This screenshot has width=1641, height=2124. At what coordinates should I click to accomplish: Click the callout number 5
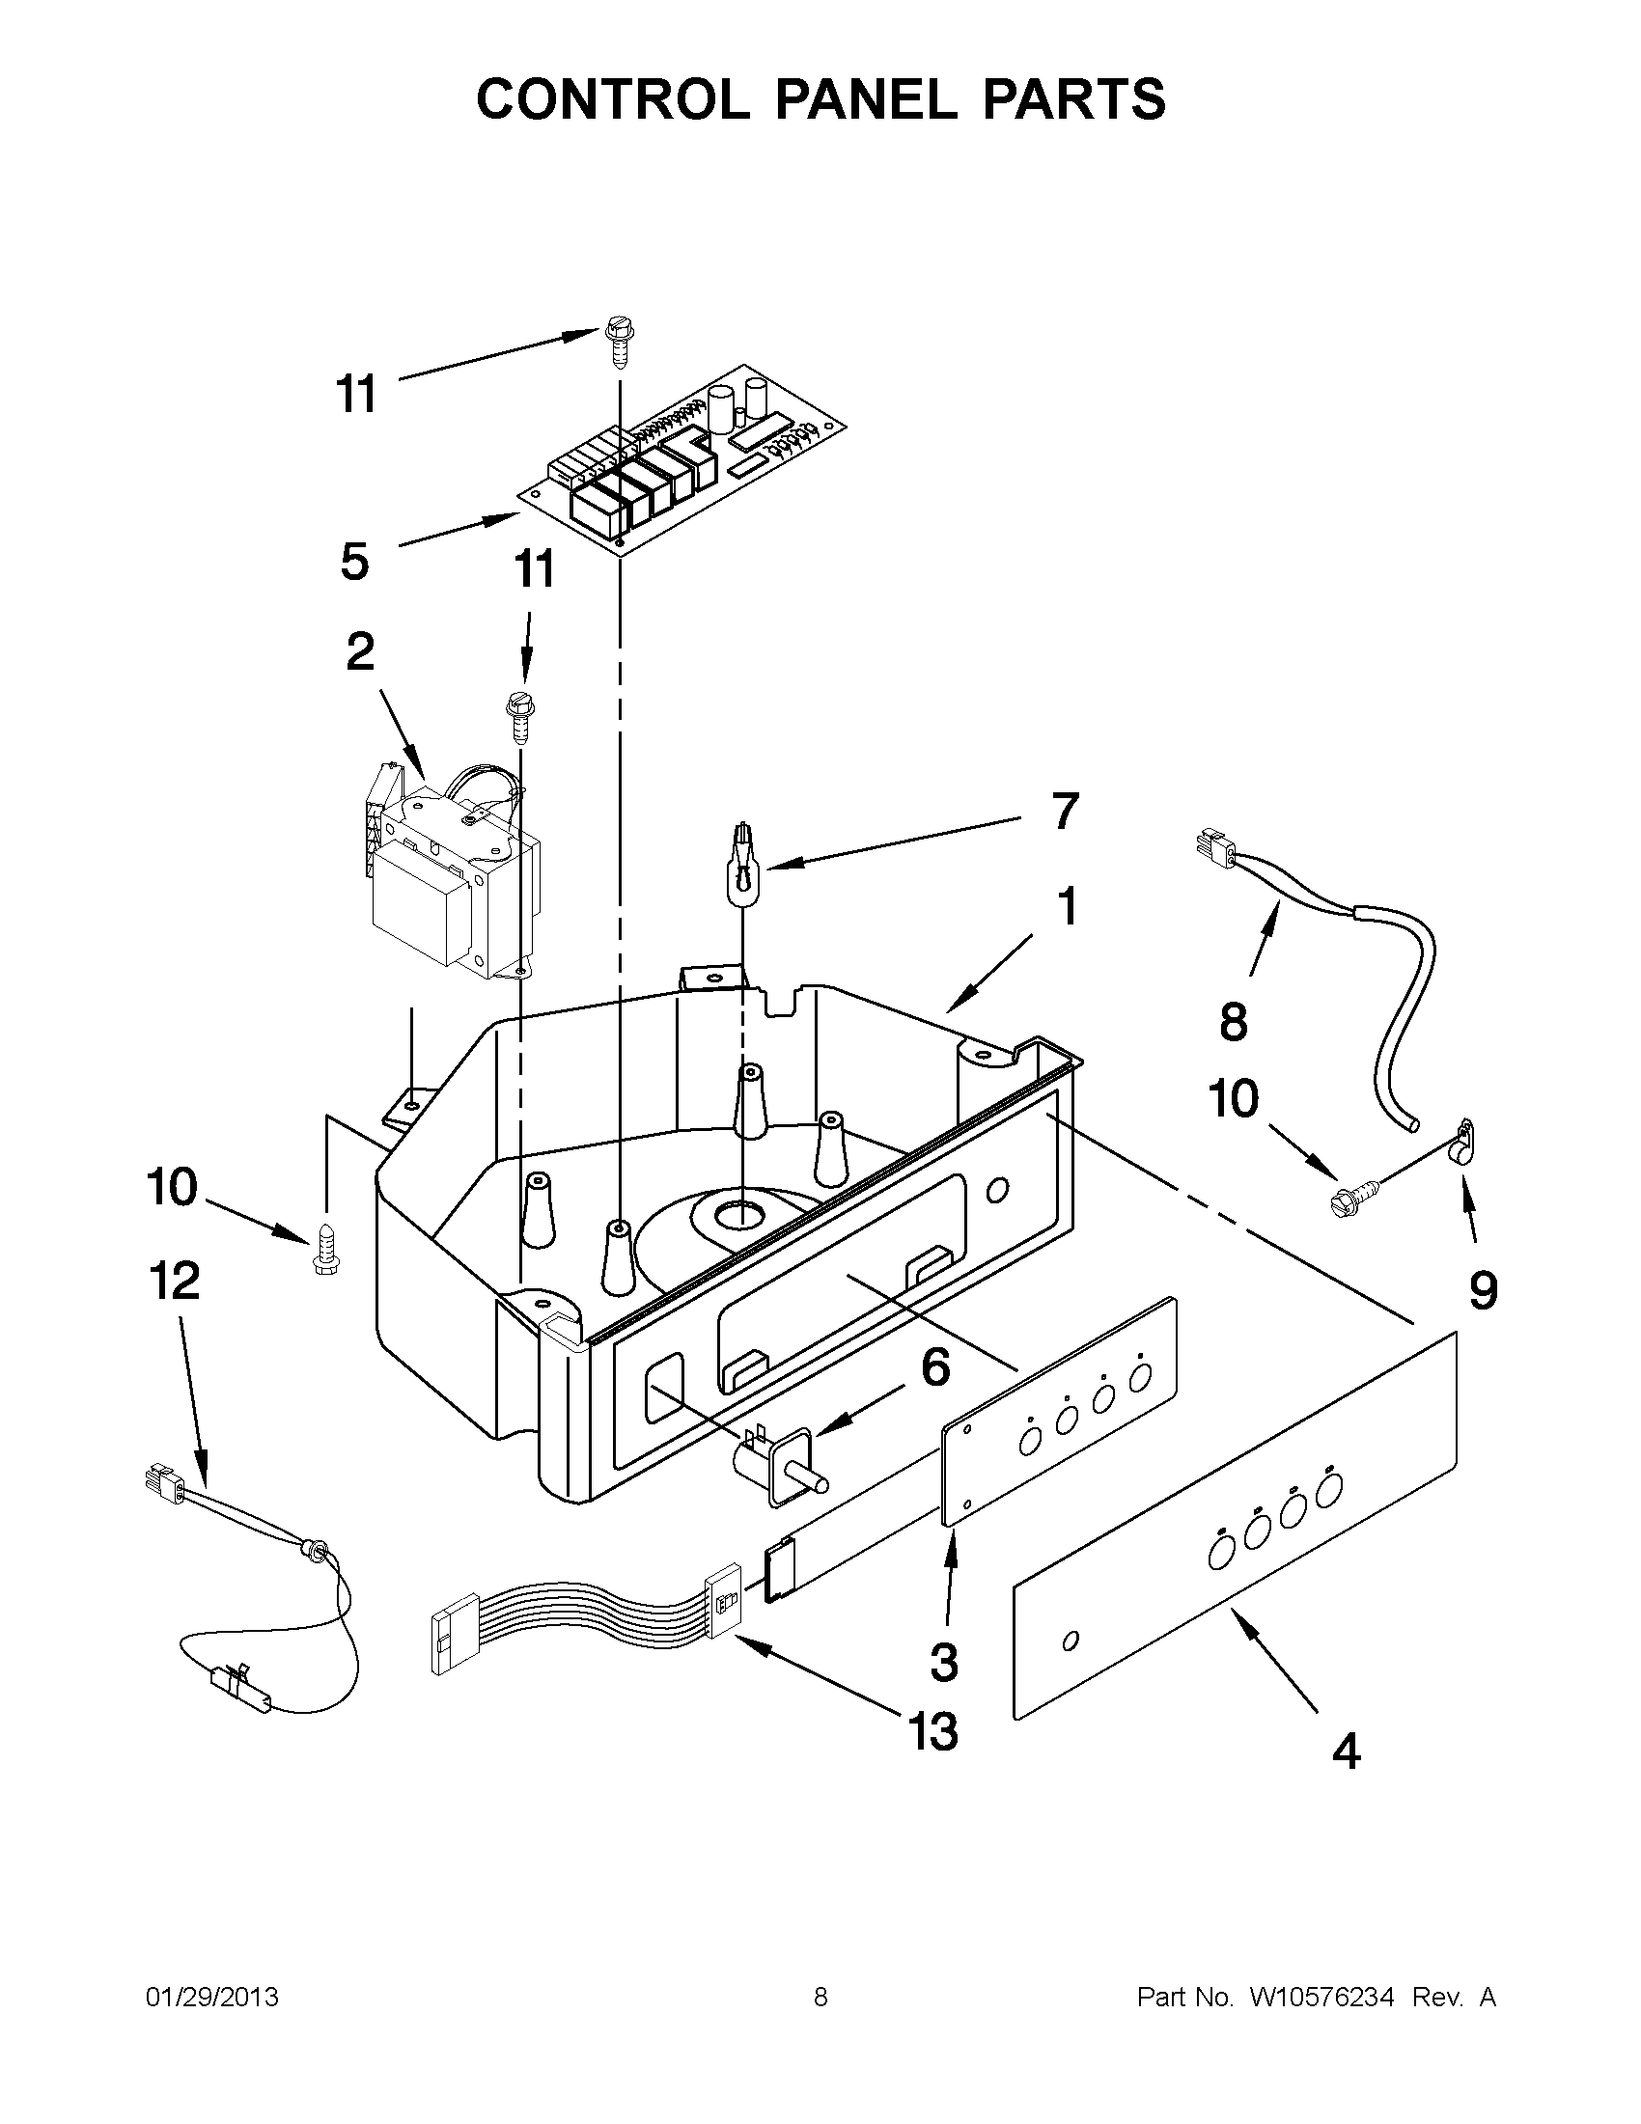click(x=355, y=562)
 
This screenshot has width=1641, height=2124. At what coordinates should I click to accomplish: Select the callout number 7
click(x=1065, y=811)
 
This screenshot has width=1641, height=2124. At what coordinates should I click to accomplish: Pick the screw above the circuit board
click(x=617, y=342)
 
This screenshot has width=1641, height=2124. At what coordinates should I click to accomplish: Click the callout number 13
click(x=932, y=1732)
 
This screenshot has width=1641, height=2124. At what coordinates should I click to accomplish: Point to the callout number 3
click(x=943, y=1662)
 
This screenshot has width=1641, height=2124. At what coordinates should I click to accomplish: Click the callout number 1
click(x=1067, y=906)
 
